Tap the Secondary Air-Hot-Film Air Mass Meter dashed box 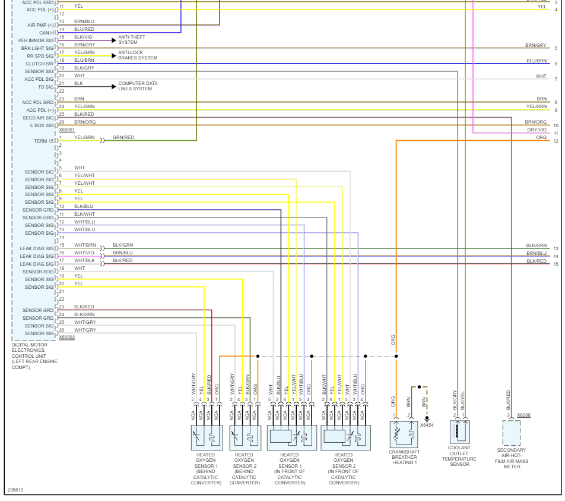(511, 433)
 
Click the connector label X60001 (67, 130)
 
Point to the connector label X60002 (67, 337)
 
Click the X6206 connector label (523, 415)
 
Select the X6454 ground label (427, 425)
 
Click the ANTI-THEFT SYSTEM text (131, 40)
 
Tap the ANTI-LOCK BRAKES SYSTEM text (138, 55)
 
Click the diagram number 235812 (16, 490)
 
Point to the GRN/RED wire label (123, 137)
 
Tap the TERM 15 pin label (43, 141)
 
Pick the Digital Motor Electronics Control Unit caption (34, 356)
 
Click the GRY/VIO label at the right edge (537, 130)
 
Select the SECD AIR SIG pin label (38, 118)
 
